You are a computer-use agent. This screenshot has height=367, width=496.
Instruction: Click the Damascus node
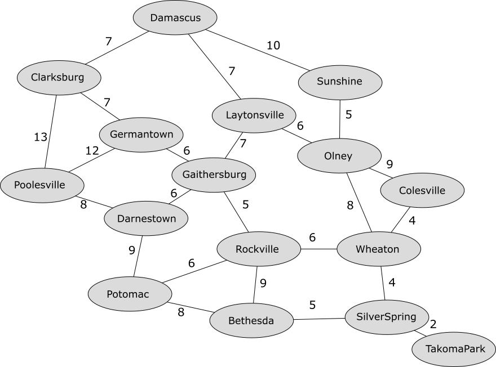[175, 17]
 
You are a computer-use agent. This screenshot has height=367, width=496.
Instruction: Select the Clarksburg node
[59, 77]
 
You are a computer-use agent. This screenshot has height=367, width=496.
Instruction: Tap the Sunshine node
[340, 82]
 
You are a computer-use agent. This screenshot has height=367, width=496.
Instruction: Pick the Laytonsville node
[254, 115]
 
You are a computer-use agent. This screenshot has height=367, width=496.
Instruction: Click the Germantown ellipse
[141, 135]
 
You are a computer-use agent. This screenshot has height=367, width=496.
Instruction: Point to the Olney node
[339, 156]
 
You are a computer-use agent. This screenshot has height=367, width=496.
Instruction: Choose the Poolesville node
[42, 185]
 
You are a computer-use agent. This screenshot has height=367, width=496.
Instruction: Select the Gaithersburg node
[214, 174]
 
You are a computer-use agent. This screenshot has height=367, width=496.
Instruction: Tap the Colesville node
[422, 190]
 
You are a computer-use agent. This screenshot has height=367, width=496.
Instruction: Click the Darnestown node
[146, 218]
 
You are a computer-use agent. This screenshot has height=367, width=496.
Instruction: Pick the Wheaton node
[378, 249]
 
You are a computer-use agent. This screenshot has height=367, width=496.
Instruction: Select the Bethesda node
[251, 321]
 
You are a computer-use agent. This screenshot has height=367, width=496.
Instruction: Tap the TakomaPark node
[454, 349]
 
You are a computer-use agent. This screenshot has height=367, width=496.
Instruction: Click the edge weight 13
[41, 137]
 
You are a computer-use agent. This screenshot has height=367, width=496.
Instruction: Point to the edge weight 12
[92, 150]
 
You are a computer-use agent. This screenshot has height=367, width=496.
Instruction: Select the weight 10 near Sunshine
[273, 46]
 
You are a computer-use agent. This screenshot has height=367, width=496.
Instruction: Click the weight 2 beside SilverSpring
[433, 324]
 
